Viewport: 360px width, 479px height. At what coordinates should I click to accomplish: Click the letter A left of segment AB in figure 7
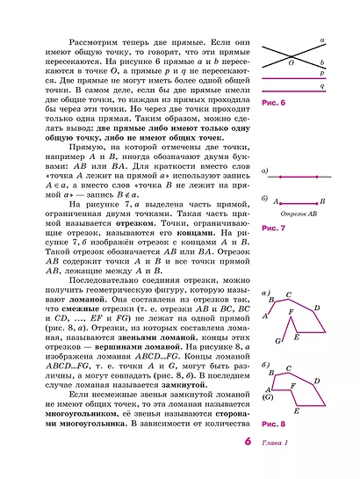point(273,202)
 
